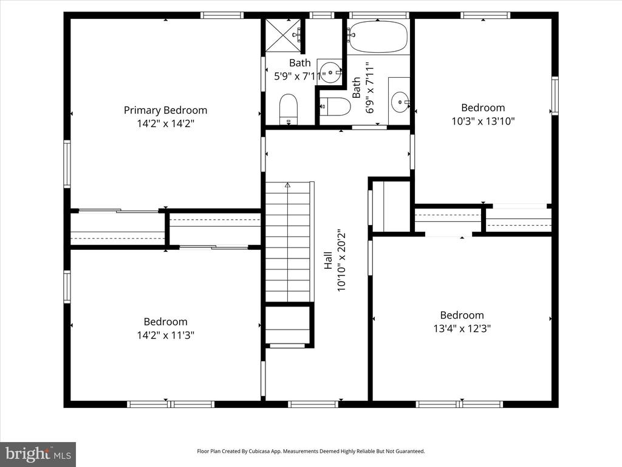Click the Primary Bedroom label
point(165,111)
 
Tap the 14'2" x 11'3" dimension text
point(165,335)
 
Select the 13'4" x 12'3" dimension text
point(462,328)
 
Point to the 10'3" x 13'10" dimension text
point(483,121)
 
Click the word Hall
point(328,260)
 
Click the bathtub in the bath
point(378,36)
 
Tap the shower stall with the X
point(283,35)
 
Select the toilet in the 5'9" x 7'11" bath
point(289,109)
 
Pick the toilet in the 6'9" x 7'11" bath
point(335,106)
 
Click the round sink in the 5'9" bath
point(330,72)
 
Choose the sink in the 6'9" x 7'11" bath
point(400,102)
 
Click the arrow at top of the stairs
point(287,185)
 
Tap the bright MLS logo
point(38,454)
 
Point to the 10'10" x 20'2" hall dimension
point(341,260)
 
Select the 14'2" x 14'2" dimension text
point(165,123)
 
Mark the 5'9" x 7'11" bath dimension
point(300,76)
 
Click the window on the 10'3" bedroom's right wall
point(555,95)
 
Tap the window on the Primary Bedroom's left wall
point(67,163)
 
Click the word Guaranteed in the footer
point(411,451)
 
